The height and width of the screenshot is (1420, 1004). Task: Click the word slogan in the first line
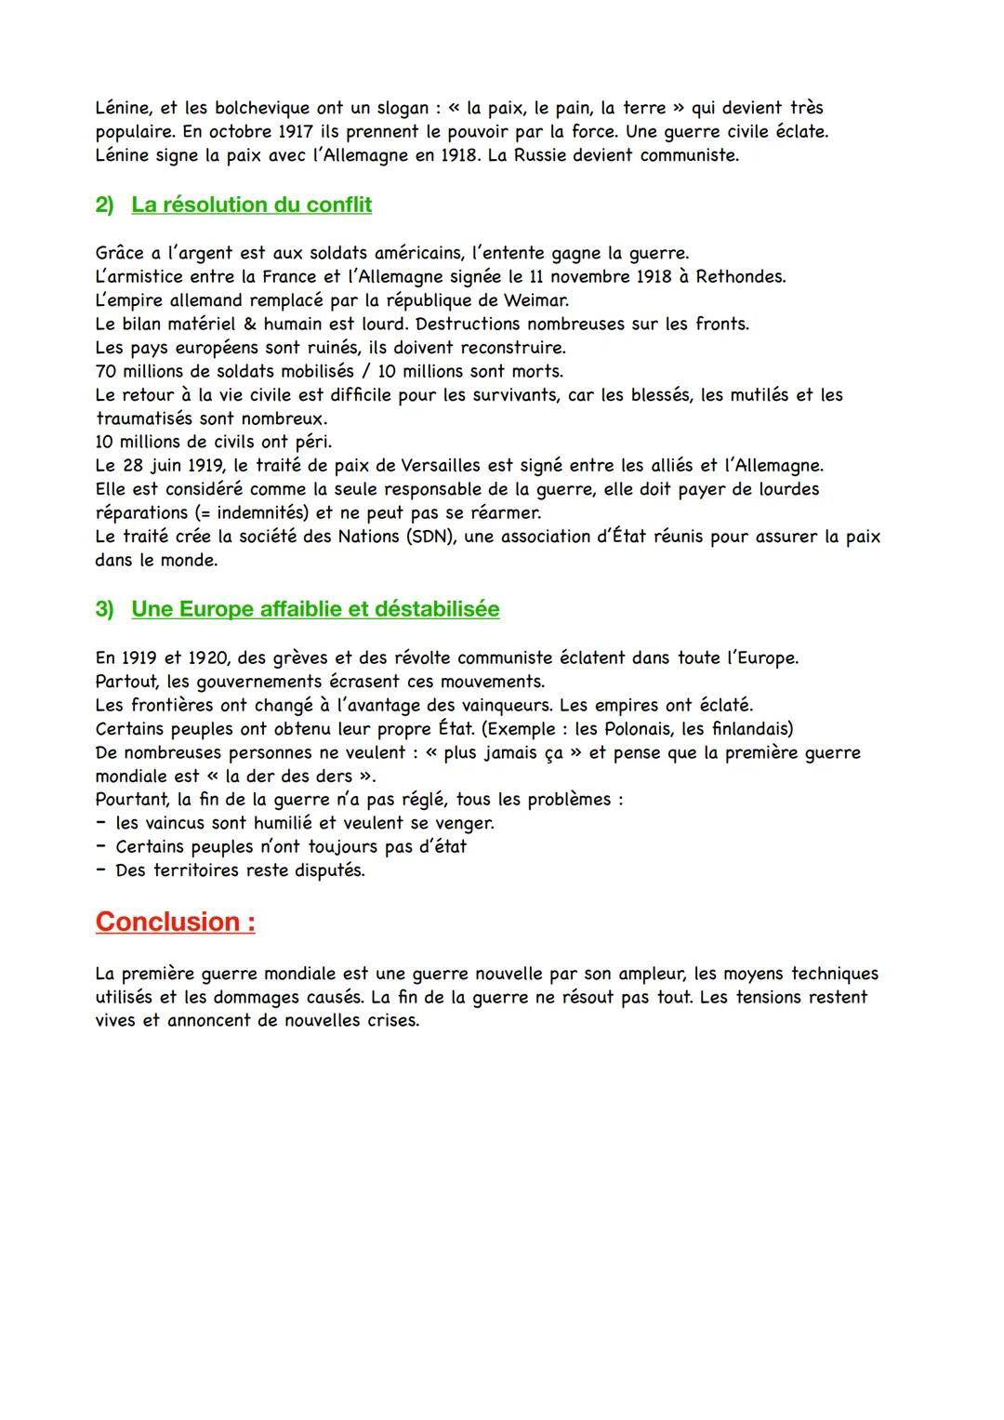pos(395,109)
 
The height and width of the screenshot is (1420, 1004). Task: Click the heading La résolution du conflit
pos(251,205)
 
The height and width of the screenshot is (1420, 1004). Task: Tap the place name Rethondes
pos(740,277)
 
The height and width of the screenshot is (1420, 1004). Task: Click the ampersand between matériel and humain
pos(250,325)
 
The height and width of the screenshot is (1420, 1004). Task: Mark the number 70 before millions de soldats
pos(105,371)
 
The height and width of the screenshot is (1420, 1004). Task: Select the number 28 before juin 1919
pos(132,465)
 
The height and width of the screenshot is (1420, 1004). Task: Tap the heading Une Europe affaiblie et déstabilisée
pos(315,609)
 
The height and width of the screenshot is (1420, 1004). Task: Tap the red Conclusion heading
pos(176,922)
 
